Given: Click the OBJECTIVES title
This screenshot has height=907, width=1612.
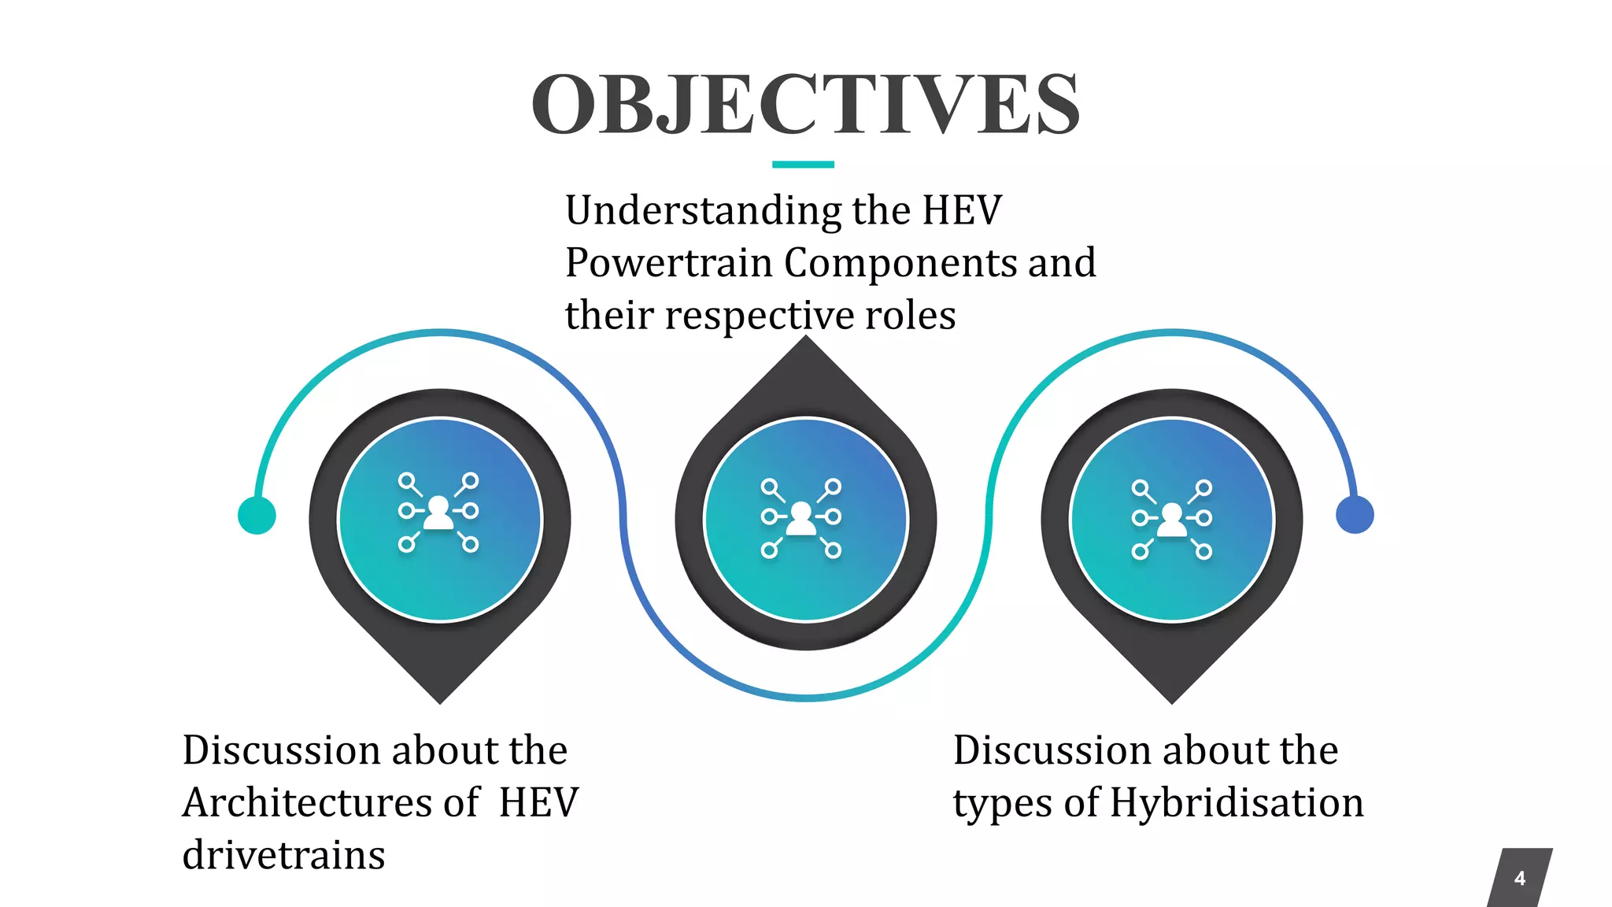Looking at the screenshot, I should (805, 104).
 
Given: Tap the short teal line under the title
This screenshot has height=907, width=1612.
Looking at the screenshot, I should (803, 165).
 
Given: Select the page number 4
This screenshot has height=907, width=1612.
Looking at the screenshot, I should (1519, 878).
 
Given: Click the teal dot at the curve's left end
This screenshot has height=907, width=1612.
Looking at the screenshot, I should (257, 516).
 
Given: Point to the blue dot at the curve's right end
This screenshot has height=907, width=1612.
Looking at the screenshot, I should (1355, 515).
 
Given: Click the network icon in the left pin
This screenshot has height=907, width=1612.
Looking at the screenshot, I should (438, 513).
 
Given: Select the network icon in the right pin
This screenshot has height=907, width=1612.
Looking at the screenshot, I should (1172, 520).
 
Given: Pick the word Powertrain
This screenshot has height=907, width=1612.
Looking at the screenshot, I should (668, 263).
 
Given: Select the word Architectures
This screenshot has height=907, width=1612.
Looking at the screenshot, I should (307, 803).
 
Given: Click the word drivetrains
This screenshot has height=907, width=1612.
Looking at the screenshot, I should (283, 856).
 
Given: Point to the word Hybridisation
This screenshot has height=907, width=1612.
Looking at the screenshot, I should (1237, 804).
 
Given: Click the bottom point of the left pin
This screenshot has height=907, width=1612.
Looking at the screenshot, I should (440, 701).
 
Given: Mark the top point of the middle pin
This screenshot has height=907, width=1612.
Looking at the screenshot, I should (805, 339).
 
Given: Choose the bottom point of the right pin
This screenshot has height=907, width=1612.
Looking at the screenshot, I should (1172, 701).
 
